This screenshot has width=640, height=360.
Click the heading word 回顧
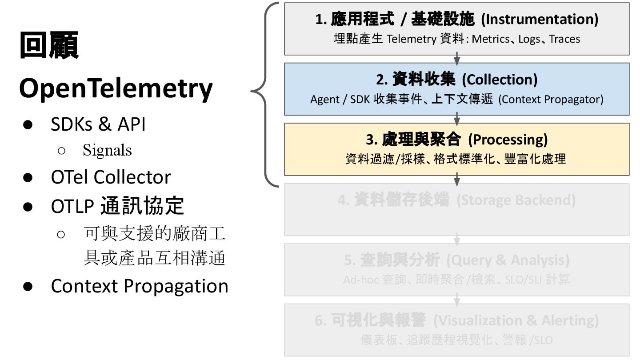point(49,46)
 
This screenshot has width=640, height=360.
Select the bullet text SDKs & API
point(98,124)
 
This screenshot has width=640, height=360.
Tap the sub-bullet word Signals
point(107,150)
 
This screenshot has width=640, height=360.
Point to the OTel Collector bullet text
point(111,177)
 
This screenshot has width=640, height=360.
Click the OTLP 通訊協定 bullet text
point(117,206)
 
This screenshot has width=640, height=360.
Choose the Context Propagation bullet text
point(140,286)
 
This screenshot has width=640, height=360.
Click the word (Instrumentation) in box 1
point(540,19)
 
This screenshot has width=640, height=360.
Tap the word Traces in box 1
point(564,39)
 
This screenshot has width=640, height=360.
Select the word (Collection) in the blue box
point(500,80)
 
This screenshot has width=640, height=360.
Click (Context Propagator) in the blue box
point(551,99)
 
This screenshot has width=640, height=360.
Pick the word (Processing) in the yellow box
point(508,140)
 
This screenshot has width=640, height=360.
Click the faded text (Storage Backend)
point(516,200)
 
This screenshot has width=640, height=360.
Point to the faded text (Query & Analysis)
point(508,260)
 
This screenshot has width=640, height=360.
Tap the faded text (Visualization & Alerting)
point(516,320)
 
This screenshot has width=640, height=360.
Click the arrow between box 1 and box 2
point(457,59)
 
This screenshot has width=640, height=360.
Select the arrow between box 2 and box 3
point(457,119)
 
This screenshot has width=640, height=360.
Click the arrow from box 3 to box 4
point(457,180)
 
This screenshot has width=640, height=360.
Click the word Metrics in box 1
point(490,39)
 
